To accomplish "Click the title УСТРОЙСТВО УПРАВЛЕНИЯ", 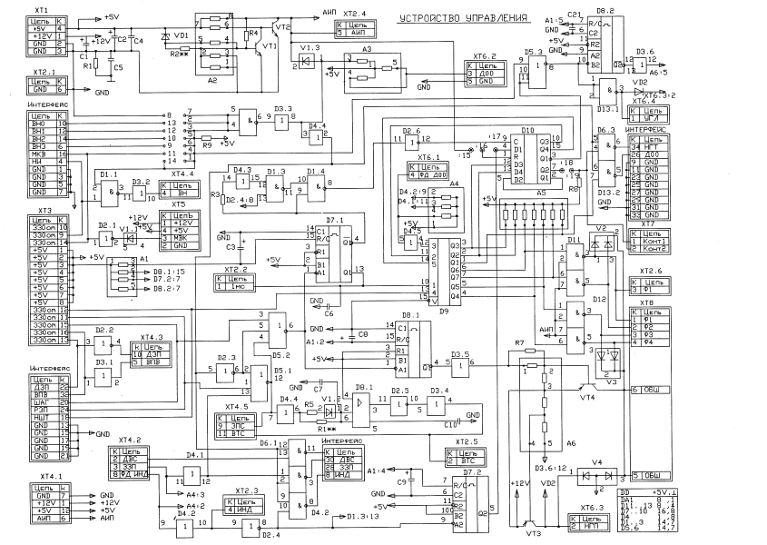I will click(x=470, y=18).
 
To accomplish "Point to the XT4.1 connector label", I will click(x=52, y=476).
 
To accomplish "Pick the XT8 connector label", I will click(x=646, y=302).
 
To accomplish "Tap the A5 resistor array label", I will click(x=541, y=193).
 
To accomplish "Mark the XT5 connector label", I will click(x=179, y=204).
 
